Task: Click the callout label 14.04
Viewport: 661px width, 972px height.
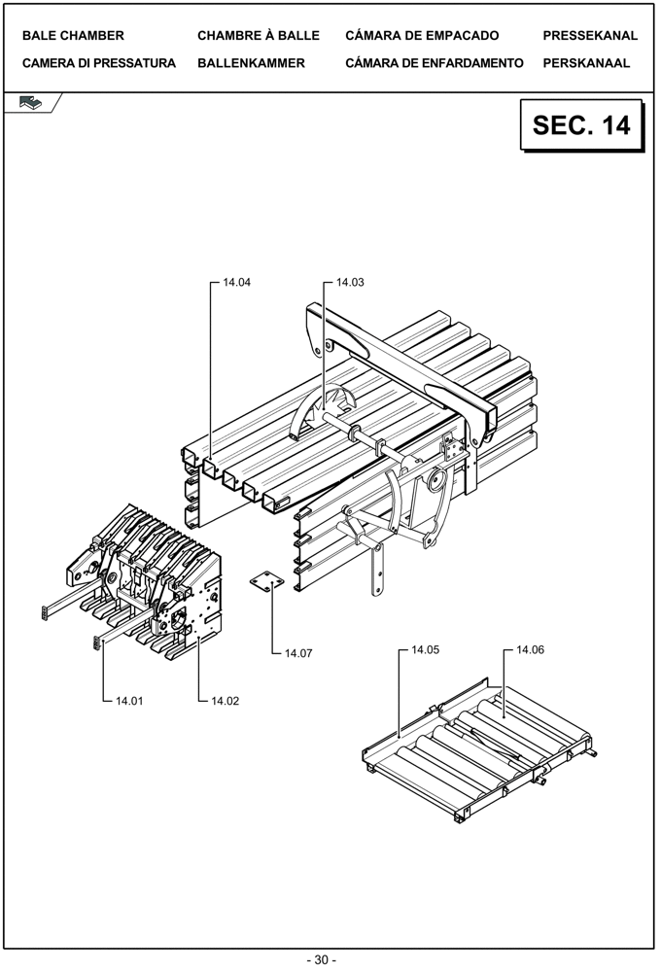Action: click(237, 283)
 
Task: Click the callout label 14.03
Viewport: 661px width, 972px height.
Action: click(350, 283)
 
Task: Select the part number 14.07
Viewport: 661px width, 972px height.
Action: click(298, 653)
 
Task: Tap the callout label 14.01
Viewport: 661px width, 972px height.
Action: click(130, 700)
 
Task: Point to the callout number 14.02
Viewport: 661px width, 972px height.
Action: click(225, 700)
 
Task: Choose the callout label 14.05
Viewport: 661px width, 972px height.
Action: click(426, 648)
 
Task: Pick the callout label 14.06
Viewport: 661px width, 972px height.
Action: click(530, 648)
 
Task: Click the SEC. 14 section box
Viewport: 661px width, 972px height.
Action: click(581, 125)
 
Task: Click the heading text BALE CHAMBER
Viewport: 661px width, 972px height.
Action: click(73, 36)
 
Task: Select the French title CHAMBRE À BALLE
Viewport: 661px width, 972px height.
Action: click(259, 36)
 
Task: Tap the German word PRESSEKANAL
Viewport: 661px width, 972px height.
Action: click(590, 36)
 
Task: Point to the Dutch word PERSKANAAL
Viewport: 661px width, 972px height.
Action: click(586, 63)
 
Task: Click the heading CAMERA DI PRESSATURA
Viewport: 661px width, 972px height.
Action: click(99, 63)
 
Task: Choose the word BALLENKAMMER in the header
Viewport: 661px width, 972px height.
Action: click(251, 63)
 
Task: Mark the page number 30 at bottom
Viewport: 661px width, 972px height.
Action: click(322, 959)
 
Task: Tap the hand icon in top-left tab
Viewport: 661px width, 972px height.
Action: click(30, 102)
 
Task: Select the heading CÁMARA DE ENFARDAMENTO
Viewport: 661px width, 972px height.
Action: click(434, 63)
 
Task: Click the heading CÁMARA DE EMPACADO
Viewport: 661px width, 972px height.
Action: click(422, 36)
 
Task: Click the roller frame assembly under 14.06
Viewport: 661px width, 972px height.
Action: click(476, 753)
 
